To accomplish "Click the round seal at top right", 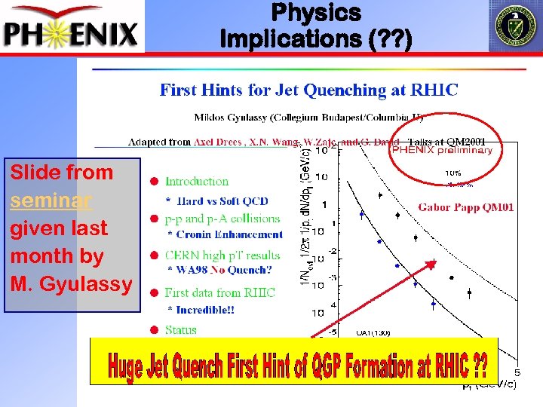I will click(x=514, y=26).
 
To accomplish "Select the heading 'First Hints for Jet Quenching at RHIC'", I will click(x=308, y=90).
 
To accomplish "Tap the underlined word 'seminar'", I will click(x=51, y=200).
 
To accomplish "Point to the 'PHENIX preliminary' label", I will click(x=441, y=150).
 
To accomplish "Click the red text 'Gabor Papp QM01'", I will click(x=466, y=207).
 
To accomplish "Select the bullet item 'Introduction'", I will click(x=196, y=182).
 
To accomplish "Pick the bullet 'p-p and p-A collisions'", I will click(x=222, y=219).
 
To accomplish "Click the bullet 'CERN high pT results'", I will click(x=222, y=256).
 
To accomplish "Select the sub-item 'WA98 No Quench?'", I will click(x=223, y=270).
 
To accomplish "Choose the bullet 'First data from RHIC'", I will click(x=219, y=292).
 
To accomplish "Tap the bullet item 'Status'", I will click(x=180, y=329).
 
